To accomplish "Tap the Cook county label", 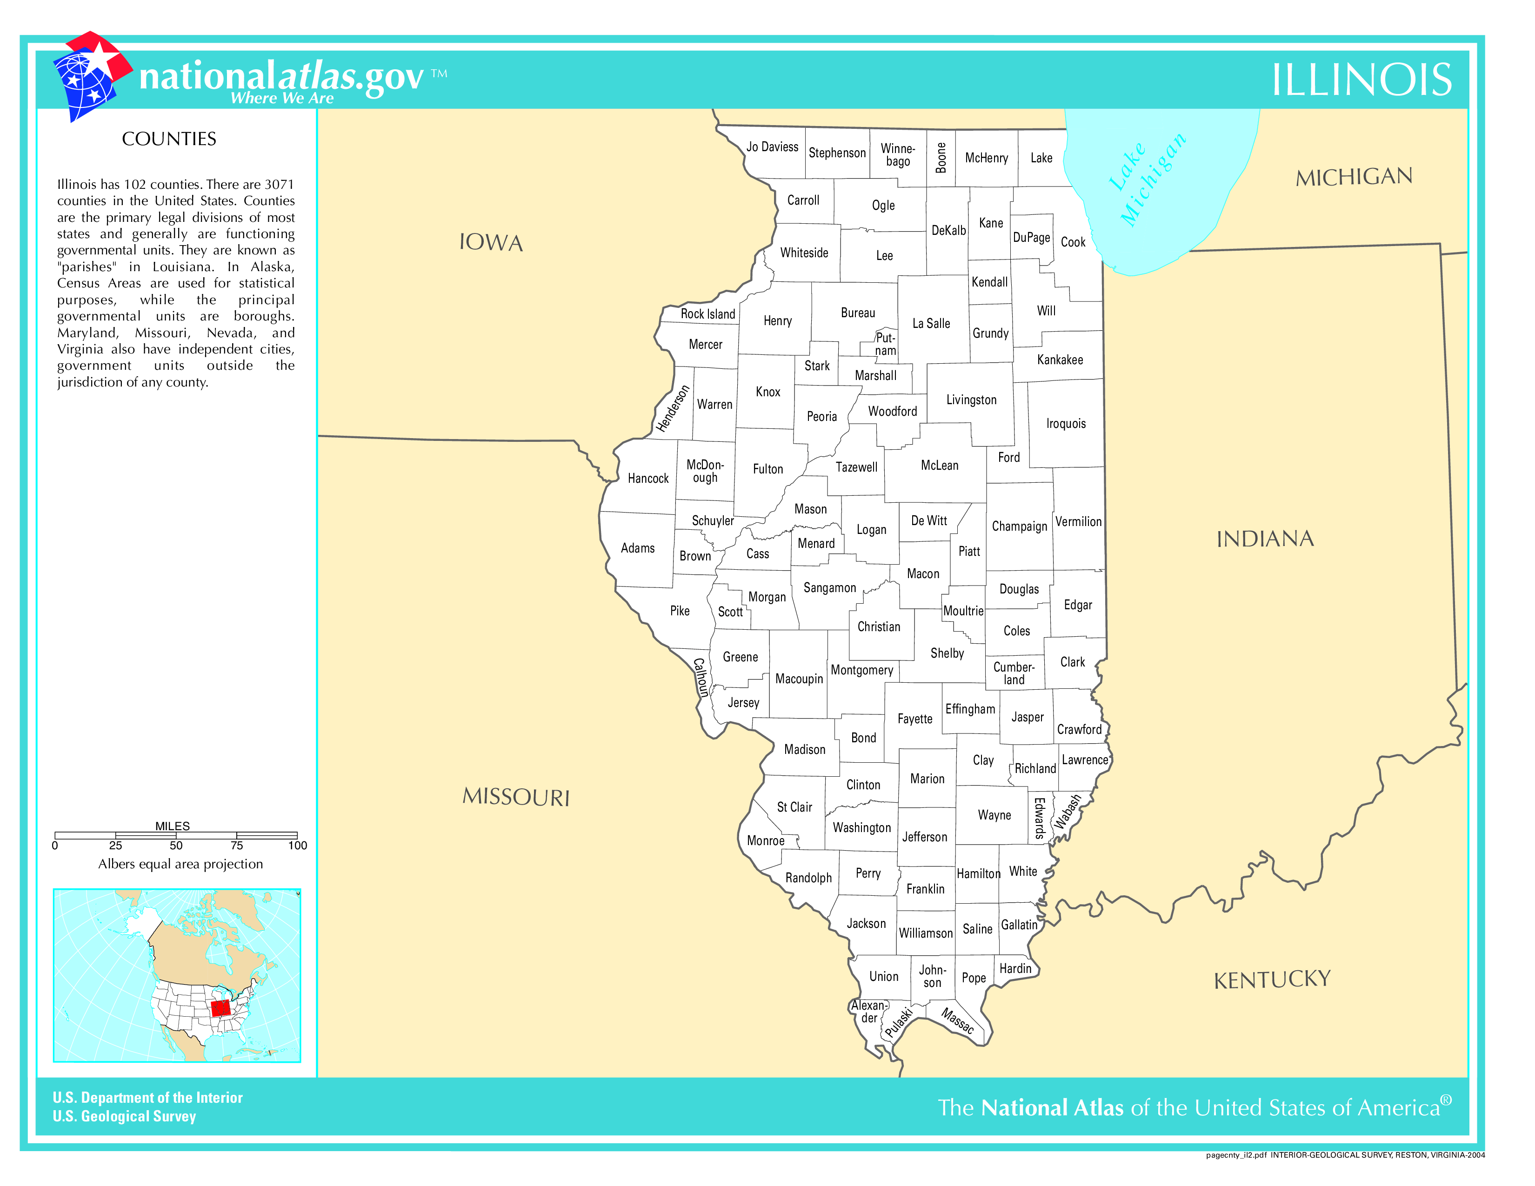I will pos(1073,242).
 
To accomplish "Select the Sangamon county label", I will pos(829,588).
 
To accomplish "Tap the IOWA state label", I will pos(491,242).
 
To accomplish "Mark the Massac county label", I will pos(957,1021).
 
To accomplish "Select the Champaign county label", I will pos(1019,526).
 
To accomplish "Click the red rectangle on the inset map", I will pos(220,1008).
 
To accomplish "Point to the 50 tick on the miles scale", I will pos(176,845).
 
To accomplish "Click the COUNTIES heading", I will pos(169,139).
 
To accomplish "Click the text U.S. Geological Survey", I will pos(124,1116).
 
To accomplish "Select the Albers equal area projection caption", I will pos(180,864).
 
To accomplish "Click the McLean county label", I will pos(939,466).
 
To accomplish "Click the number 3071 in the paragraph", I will pos(279,184).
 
